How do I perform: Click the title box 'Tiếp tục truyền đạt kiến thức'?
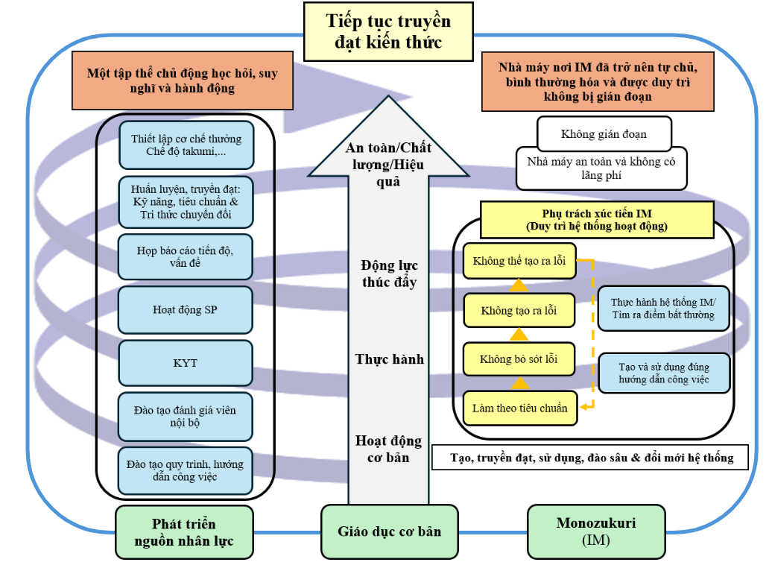(388, 31)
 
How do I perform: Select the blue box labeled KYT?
(185, 363)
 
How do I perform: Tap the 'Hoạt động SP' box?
(185, 309)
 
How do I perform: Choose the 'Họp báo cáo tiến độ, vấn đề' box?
(186, 256)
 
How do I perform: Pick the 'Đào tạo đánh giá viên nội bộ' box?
(186, 416)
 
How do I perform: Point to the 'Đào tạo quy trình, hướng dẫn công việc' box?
(185, 470)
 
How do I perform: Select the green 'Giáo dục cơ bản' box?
(389, 531)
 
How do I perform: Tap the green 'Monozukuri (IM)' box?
(596, 532)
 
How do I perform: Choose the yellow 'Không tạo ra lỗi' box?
(519, 310)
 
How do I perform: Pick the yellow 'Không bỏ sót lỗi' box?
(519, 359)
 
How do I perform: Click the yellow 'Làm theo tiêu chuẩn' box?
(519, 408)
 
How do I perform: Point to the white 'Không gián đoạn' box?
(604, 134)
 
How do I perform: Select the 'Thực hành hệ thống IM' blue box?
(662, 309)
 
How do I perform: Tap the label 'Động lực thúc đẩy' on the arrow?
(389, 274)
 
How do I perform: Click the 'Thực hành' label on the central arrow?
(389, 359)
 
